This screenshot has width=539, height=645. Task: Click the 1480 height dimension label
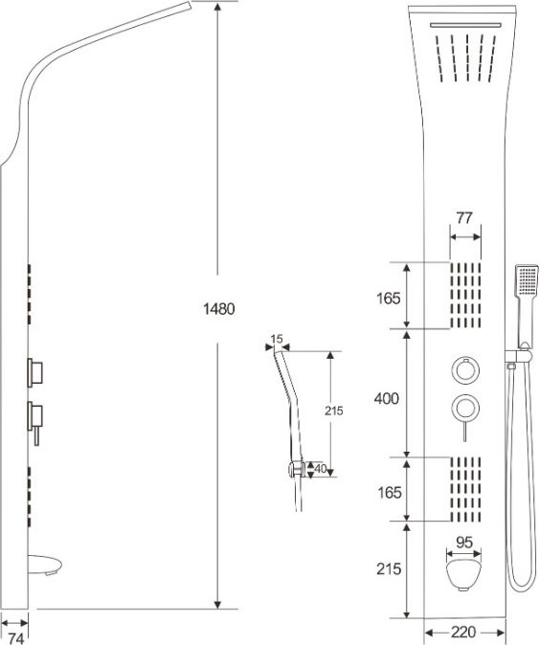(219, 308)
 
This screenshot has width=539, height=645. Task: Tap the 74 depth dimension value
(15, 638)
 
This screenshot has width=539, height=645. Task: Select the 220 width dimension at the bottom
(463, 631)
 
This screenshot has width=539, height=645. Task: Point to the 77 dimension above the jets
(464, 218)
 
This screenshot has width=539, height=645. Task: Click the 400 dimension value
(387, 398)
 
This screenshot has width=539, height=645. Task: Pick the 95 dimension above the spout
(464, 543)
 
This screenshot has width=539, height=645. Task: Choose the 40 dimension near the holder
(320, 468)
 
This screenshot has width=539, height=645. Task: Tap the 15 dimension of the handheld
(277, 339)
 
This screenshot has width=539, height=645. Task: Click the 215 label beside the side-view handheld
(333, 411)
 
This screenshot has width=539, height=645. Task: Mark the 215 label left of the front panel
(389, 568)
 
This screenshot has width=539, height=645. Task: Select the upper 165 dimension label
(388, 299)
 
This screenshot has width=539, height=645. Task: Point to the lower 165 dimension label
(389, 492)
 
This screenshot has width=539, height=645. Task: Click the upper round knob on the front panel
(465, 370)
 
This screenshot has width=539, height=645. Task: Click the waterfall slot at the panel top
(466, 26)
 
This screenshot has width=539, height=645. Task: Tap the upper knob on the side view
(35, 372)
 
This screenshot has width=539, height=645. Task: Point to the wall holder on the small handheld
(296, 469)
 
